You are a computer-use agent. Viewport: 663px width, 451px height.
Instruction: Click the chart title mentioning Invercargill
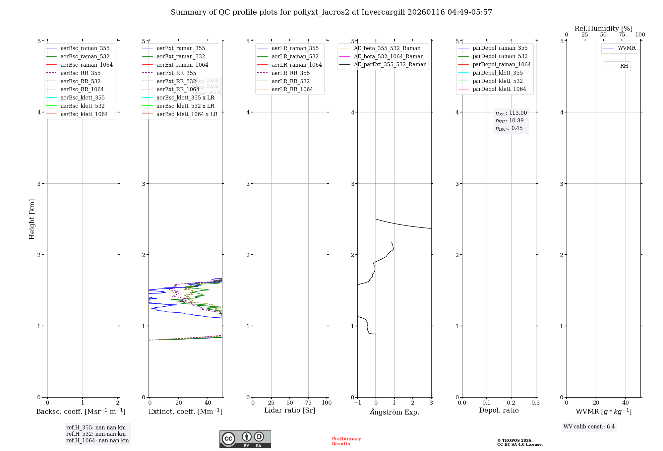pos(331,12)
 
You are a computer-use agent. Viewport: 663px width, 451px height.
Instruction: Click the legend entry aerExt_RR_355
pos(176,73)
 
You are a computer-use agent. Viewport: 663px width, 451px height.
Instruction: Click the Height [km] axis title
pos(32,219)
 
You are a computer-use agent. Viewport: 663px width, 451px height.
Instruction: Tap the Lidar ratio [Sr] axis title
pos(290,411)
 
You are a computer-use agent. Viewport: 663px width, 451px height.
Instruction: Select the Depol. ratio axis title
pos(499,411)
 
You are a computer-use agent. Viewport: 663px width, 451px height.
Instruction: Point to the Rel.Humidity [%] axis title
pos(603,29)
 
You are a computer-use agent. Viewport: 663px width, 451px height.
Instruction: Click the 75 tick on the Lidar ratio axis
pos(308,403)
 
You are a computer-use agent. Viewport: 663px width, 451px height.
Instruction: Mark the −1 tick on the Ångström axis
pos(357,403)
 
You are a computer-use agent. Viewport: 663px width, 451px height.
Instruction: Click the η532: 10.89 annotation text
pos(510,121)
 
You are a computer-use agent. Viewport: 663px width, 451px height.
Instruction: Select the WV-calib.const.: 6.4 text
pos(589,427)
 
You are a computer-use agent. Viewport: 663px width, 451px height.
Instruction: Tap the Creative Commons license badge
pos(245,439)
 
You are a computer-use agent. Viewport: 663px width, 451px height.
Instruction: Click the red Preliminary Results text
pos(346,441)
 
